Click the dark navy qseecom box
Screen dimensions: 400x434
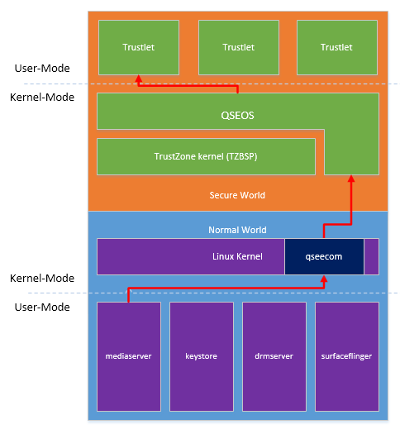[x=324, y=256]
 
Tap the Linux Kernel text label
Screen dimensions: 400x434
[x=237, y=256]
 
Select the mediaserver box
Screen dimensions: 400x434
[x=129, y=356]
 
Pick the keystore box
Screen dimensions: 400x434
[x=202, y=356]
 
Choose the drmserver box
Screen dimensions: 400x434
[x=274, y=356]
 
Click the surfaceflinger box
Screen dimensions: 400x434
[x=347, y=356]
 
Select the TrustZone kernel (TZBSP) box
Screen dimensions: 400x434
[x=206, y=157]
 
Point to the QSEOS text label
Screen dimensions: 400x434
[x=237, y=116]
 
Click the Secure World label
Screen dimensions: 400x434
[x=237, y=195]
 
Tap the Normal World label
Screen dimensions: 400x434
[x=237, y=230]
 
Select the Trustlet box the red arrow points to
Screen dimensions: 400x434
[x=139, y=47]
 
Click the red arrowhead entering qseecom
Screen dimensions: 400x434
[x=324, y=279]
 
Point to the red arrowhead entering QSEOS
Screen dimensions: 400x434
[x=351, y=179]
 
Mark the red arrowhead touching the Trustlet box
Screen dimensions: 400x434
[x=139, y=79]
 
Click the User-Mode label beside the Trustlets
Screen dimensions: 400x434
[x=42, y=69]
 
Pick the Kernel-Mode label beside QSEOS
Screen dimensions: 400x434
[x=42, y=98]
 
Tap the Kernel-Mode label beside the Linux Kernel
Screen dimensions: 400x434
[x=42, y=278]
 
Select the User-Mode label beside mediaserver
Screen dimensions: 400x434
[x=42, y=308]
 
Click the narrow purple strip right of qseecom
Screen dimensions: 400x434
[x=372, y=256]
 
